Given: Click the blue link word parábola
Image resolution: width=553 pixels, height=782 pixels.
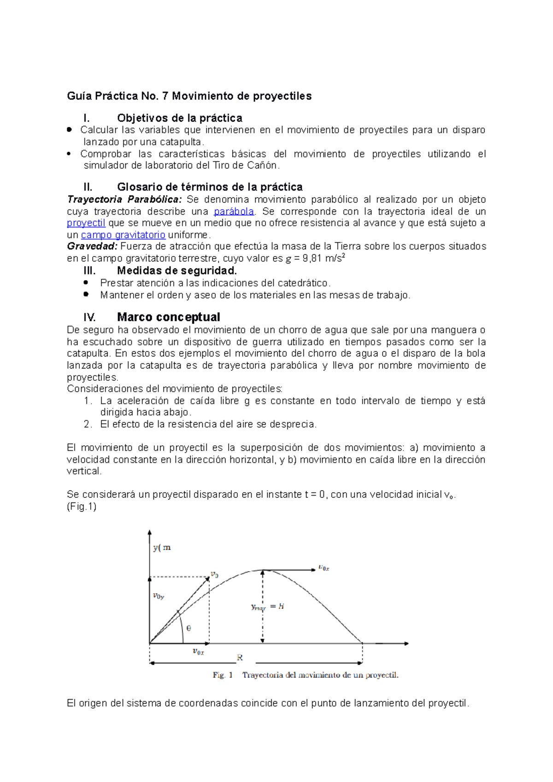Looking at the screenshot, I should (234, 211).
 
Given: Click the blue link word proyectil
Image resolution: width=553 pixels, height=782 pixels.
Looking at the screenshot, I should (86, 223).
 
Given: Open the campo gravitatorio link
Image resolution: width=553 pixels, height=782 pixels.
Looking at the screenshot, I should (123, 235).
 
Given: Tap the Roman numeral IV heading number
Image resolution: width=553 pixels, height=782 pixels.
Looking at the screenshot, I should (89, 317).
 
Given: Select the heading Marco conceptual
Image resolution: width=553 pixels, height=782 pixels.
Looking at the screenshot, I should (168, 317).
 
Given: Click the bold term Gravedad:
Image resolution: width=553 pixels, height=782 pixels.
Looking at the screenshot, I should (92, 246).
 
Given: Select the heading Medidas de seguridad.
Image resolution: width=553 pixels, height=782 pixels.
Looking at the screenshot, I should (176, 270).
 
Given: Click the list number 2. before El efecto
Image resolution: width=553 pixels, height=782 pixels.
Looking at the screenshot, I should (88, 424).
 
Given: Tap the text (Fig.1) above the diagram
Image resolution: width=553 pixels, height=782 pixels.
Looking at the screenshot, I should (82, 507).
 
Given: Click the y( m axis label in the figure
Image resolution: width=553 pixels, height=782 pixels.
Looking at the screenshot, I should (162, 548).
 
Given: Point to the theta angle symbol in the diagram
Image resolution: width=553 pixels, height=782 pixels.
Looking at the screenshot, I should (188, 628).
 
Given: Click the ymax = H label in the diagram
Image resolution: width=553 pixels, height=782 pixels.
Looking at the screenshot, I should (267, 607).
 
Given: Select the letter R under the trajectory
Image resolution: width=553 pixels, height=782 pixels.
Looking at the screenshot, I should (240, 658).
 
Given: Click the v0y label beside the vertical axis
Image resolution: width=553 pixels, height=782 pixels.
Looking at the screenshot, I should (159, 596).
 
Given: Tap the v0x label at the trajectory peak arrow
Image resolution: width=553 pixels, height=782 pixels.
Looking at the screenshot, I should (324, 568).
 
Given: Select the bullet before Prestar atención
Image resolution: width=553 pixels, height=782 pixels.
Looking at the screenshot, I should (86, 283).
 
